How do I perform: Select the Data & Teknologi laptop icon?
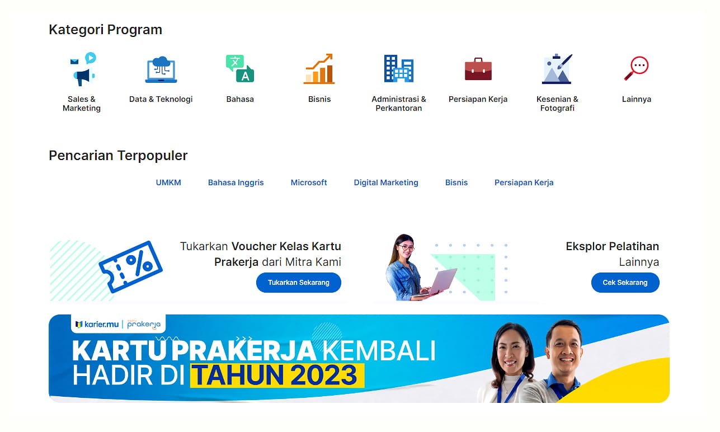pos(161,70)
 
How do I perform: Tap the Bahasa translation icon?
pos(240,68)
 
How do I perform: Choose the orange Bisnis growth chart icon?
pos(319,69)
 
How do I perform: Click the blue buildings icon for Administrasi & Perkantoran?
pos(398,68)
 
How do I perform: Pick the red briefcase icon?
pos(478,69)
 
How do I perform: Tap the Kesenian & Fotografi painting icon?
pos(557,69)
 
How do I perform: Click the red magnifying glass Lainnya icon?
pos(637,68)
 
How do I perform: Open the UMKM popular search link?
pos(168,182)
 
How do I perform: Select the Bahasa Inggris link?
pos(236,182)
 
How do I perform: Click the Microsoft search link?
pos(309,182)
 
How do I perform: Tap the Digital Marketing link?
pos(385,182)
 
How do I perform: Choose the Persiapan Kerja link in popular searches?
pos(524,182)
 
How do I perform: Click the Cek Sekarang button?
pos(625,283)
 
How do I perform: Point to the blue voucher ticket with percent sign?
pos(130,267)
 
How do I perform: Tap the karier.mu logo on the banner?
pos(97,325)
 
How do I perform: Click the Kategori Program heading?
pos(105,30)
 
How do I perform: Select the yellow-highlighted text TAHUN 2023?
pos(277,375)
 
